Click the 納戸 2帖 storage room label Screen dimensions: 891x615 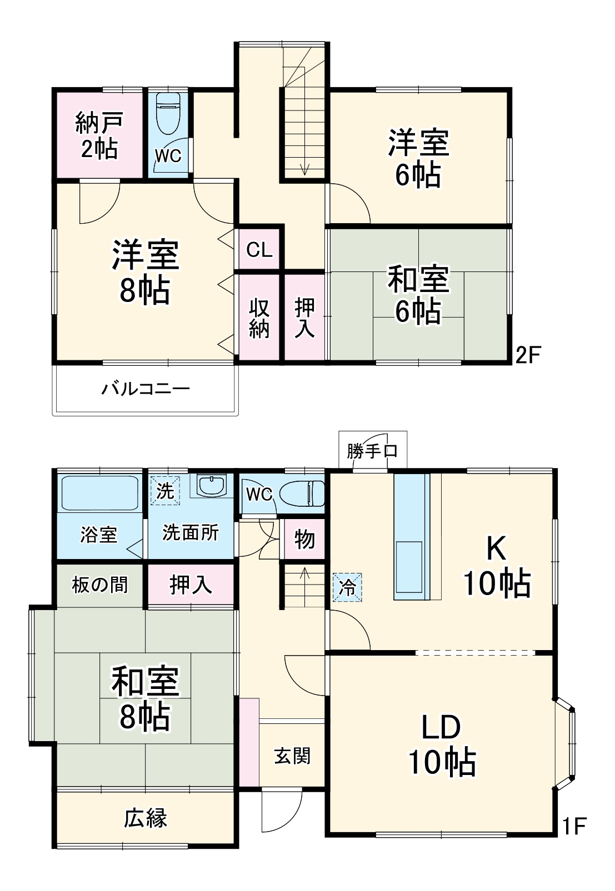coord(98,135)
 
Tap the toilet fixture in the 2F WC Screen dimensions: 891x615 coord(168,114)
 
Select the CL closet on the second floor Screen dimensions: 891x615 coord(259,250)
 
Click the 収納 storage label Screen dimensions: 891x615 coord(259,318)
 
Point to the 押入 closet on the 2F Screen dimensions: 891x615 coord(304,318)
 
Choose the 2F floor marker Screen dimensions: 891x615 coord(527,355)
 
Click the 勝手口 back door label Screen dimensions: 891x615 coord(372,451)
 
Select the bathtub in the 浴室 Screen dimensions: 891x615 coord(99,492)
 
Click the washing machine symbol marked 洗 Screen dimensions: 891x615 coord(165,491)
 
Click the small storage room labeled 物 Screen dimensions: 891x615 coord(304,539)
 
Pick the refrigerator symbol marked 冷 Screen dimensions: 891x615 coord(347,587)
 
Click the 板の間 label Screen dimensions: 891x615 coord(99,585)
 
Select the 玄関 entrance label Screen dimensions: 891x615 coord(292,756)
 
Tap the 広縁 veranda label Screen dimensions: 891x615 coord(145,818)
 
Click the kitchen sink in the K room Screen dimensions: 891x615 coord(409,566)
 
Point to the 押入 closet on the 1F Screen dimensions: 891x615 coord(191,585)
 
